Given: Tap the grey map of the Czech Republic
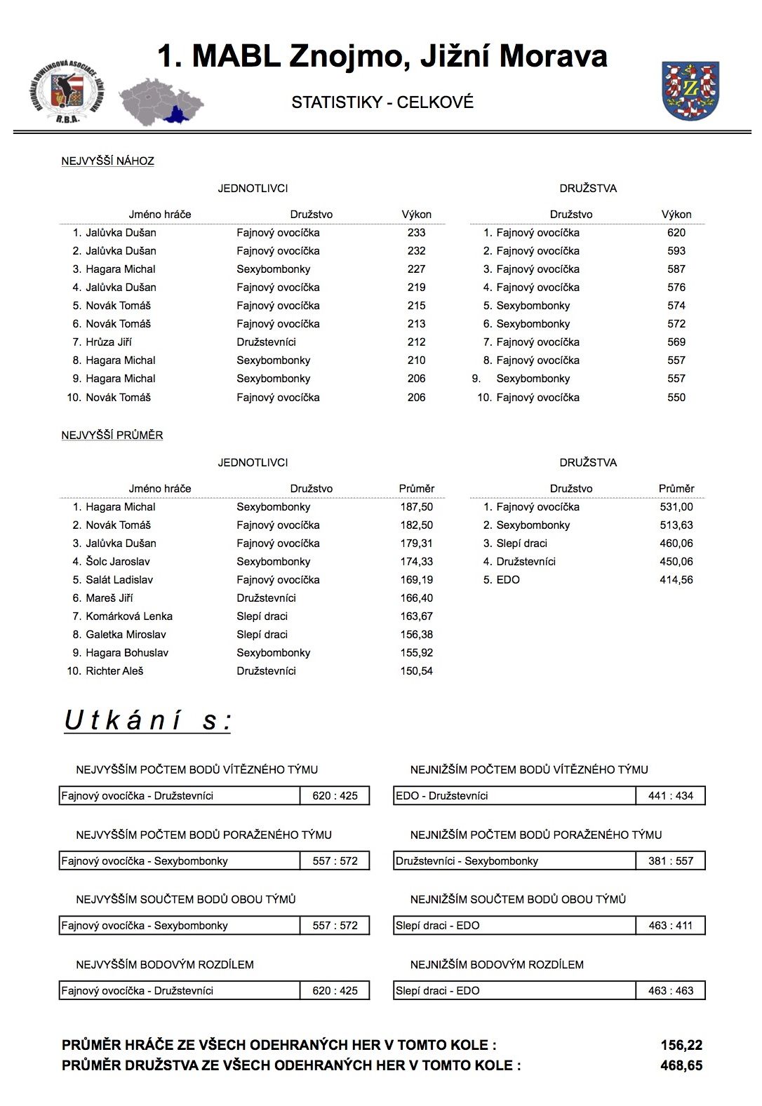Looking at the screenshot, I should [x=161, y=101].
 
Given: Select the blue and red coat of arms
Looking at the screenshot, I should [x=690, y=90].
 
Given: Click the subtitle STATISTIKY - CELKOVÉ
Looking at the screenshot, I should [x=382, y=102].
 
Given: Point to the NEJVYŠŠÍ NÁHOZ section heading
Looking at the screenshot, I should [x=107, y=161].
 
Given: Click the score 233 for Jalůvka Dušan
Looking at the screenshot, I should [x=416, y=233].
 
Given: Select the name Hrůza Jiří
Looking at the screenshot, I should [x=109, y=342].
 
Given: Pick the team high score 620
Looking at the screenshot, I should [x=676, y=233].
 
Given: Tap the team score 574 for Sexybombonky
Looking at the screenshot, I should [x=676, y=306].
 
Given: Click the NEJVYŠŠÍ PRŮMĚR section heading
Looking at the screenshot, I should [x=112, y=435].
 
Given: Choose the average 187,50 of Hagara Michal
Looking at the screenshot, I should [x=416, y=507].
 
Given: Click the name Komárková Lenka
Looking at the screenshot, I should [x=129, y=616].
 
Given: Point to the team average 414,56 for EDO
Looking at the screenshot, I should [x=676, y=580].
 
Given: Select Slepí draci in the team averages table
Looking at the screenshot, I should [x=521, y=544].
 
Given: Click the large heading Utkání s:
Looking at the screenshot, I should [x=147, y=720].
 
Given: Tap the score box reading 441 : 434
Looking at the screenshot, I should [x=671, y=796].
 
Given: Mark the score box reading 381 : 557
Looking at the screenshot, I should [x=671, y=861].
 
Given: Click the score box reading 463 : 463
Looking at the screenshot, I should [x=671, y=991].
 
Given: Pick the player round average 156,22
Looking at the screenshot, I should [x=681, y=1045].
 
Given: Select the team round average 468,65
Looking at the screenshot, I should [x=681, y=1065].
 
